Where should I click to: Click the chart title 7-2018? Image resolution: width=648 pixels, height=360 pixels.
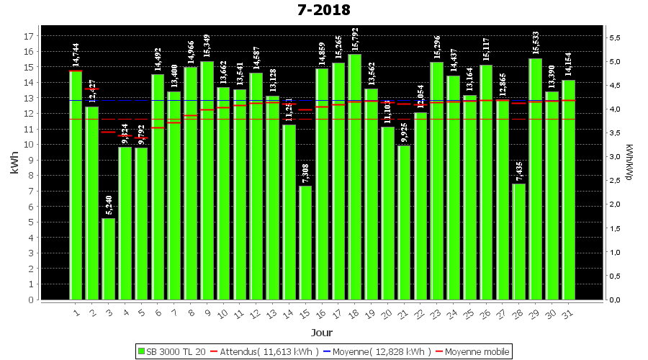pyautogui.click(x=323, y=10)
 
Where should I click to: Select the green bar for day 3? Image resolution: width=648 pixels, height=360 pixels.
pyautogui.click(x=109, y=258)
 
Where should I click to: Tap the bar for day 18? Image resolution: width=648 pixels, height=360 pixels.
pyautogui.click(x=355, y=176)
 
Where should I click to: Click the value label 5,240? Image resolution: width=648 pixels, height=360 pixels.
pyautogui.click(x=109, y=205)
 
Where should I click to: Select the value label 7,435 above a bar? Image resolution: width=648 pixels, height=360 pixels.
pyautogui.click(x=519, y=171)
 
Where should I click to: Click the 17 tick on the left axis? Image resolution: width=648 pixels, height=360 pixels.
pyautogui.click(x=30, y=36)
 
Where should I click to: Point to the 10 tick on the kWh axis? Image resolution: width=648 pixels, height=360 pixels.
pyautogui.click(x=30, y=145)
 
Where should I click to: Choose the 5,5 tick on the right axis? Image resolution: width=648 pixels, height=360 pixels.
pyautogui.click(x=616, y=37)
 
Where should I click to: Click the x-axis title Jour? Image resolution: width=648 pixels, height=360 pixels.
pyautogui.click(x=321, y=333)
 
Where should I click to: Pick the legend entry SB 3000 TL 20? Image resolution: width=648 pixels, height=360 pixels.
pyautogui.click(x=171, y=351)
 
